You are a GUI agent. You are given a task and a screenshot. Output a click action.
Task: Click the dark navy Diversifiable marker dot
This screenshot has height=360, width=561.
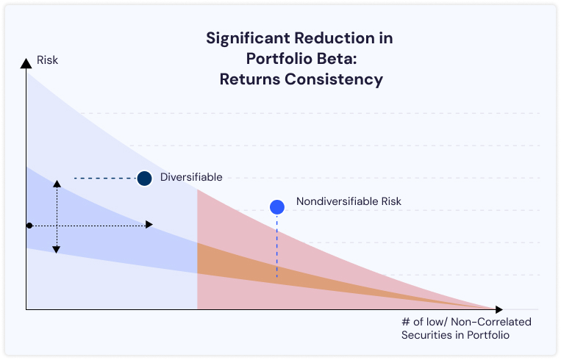144,178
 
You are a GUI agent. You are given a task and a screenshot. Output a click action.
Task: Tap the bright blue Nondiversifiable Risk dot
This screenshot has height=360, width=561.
277,207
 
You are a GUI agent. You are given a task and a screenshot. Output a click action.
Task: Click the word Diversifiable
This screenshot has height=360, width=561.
191,177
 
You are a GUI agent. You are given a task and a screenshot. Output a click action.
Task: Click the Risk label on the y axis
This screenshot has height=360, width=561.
47,60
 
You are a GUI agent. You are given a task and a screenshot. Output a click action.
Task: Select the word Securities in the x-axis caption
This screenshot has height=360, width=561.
426,335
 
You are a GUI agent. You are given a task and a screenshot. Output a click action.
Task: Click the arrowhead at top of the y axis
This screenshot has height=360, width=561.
26,64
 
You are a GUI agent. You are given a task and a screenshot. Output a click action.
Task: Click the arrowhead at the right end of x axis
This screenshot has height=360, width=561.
499,309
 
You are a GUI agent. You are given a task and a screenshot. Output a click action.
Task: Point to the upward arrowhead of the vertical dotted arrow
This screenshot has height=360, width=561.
56,182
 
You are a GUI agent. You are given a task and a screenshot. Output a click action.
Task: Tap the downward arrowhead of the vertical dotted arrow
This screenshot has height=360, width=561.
56,250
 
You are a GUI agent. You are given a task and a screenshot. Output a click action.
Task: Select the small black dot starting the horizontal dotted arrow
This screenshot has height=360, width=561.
29,225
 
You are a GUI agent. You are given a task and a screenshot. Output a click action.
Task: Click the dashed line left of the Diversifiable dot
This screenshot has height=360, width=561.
103,178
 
